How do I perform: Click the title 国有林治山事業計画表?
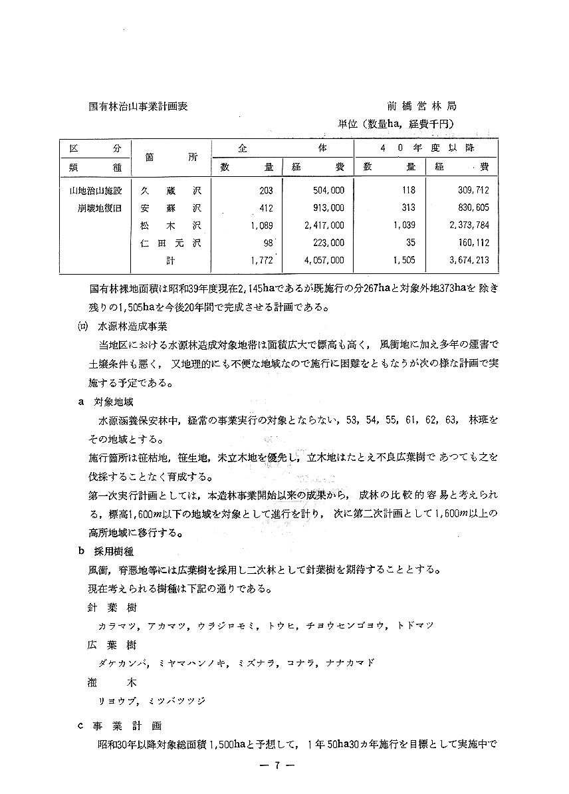pyautogui.click(x=138, y=106)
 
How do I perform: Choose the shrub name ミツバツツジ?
pyautogui.click(x=177, y=700)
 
